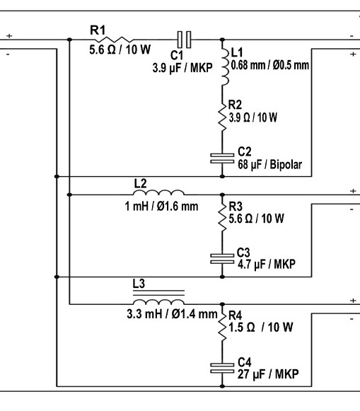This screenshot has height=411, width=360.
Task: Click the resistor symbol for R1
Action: [x=114, y=40]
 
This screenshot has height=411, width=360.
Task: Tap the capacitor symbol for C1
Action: [x=184, y=40]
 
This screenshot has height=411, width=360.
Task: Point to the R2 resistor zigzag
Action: [x=222, y=117]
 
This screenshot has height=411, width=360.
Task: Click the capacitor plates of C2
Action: [x=222, y=158]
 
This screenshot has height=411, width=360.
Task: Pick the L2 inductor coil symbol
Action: [x=158, y=192]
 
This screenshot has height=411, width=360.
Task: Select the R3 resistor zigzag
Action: [x=222, y=218]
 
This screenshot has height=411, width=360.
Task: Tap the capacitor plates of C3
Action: [x=222, y=259]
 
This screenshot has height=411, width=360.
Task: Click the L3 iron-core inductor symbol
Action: [x=158, y=297]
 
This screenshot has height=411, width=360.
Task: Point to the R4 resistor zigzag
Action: [x=222, y=327]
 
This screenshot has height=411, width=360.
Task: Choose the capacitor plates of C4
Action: [x=222, y=368]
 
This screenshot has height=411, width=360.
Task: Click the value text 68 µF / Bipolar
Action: [x=270, y=165]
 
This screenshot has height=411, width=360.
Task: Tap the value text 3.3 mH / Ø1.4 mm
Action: [x=172, y=314]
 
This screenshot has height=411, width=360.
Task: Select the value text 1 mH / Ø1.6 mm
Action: [x=161, y=206]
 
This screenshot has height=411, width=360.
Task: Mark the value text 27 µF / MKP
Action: [x=268, y=374]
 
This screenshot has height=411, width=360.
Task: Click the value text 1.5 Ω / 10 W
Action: [x=261, y=327]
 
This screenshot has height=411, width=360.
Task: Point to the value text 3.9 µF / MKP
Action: [x=182, y=68]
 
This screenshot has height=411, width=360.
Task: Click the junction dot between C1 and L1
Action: [x=222, y=40]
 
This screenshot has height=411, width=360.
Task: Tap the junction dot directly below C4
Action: [x=222, y=386]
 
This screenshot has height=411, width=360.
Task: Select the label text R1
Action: [x=98, y=30]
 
